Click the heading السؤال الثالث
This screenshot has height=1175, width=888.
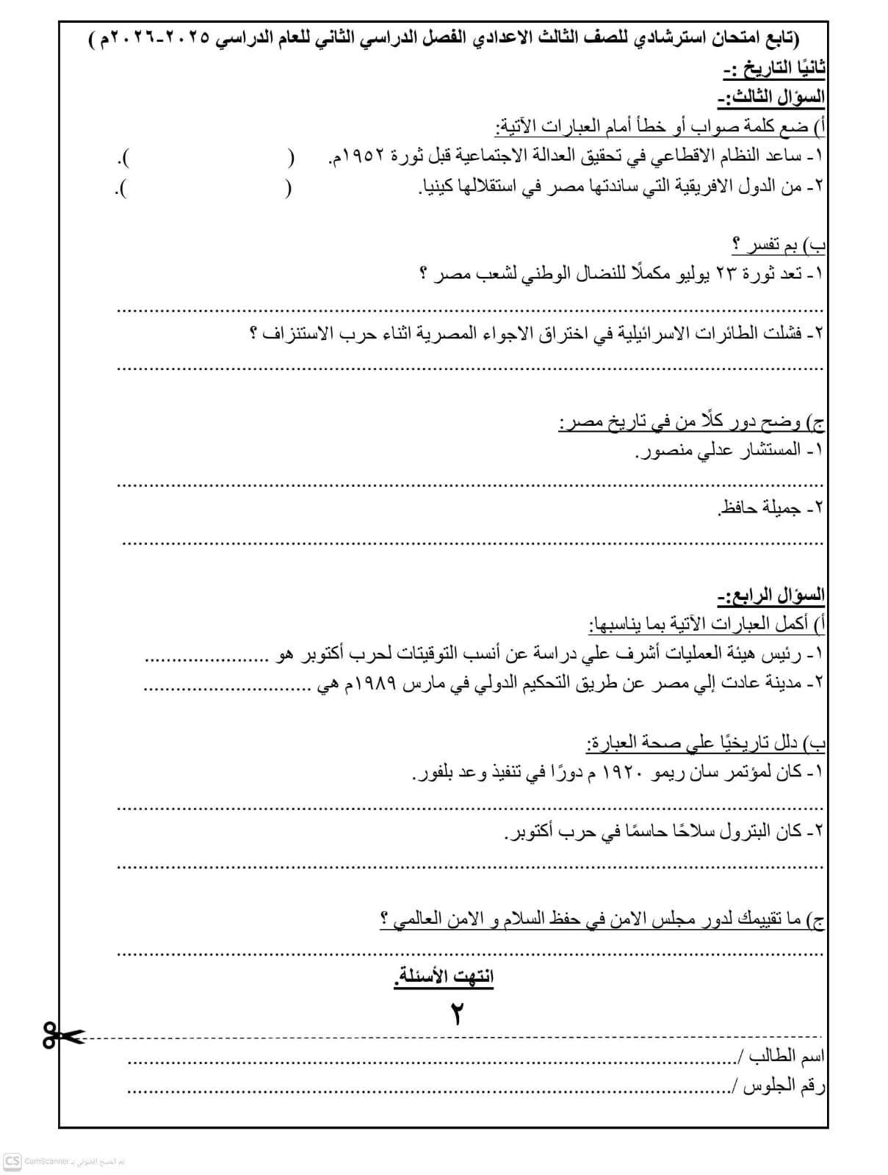pyautogui.click(x=771, y=98)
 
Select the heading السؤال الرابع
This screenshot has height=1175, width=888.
pyautogui.click(x=771, y=595)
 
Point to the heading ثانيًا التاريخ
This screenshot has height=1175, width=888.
pyautogui.click(x=776, y=69)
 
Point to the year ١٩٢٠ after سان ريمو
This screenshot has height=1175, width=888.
pyautogui.click(x=623, y=773)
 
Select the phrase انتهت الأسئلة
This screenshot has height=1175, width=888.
pyautogui.click(x=444, y=977)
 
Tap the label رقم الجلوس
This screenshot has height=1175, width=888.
pyautogui.click(x=784, y=1086)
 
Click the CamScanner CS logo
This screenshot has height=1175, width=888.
pyautogui.click(x=12, y=1161)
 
